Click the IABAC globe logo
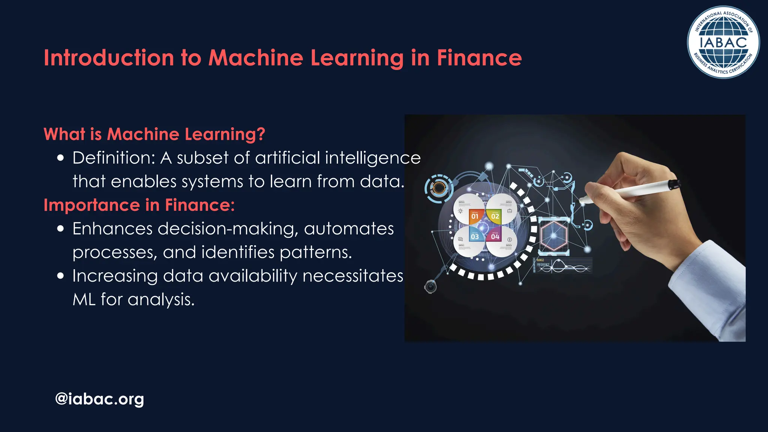click(x=723, y=42)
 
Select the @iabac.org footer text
click(x=99, y=399)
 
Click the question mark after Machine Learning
click(x=261, y=134)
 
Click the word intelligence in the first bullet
click(x=373, y=158)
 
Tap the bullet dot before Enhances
click(x=61, y=229)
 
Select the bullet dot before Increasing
click(x=61, y=276)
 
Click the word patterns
click(x=316, y=252)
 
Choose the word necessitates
click(x=353, y=276)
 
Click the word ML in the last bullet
click(x=84, y=300)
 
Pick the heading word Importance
click(x=92, y=205)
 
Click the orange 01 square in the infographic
click(x=475, y=216)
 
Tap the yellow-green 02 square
click(x=495, y=216)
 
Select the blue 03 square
click(x=475, y=236)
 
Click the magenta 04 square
click(x=495, y=236)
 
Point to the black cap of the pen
click(x=674, y=184)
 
